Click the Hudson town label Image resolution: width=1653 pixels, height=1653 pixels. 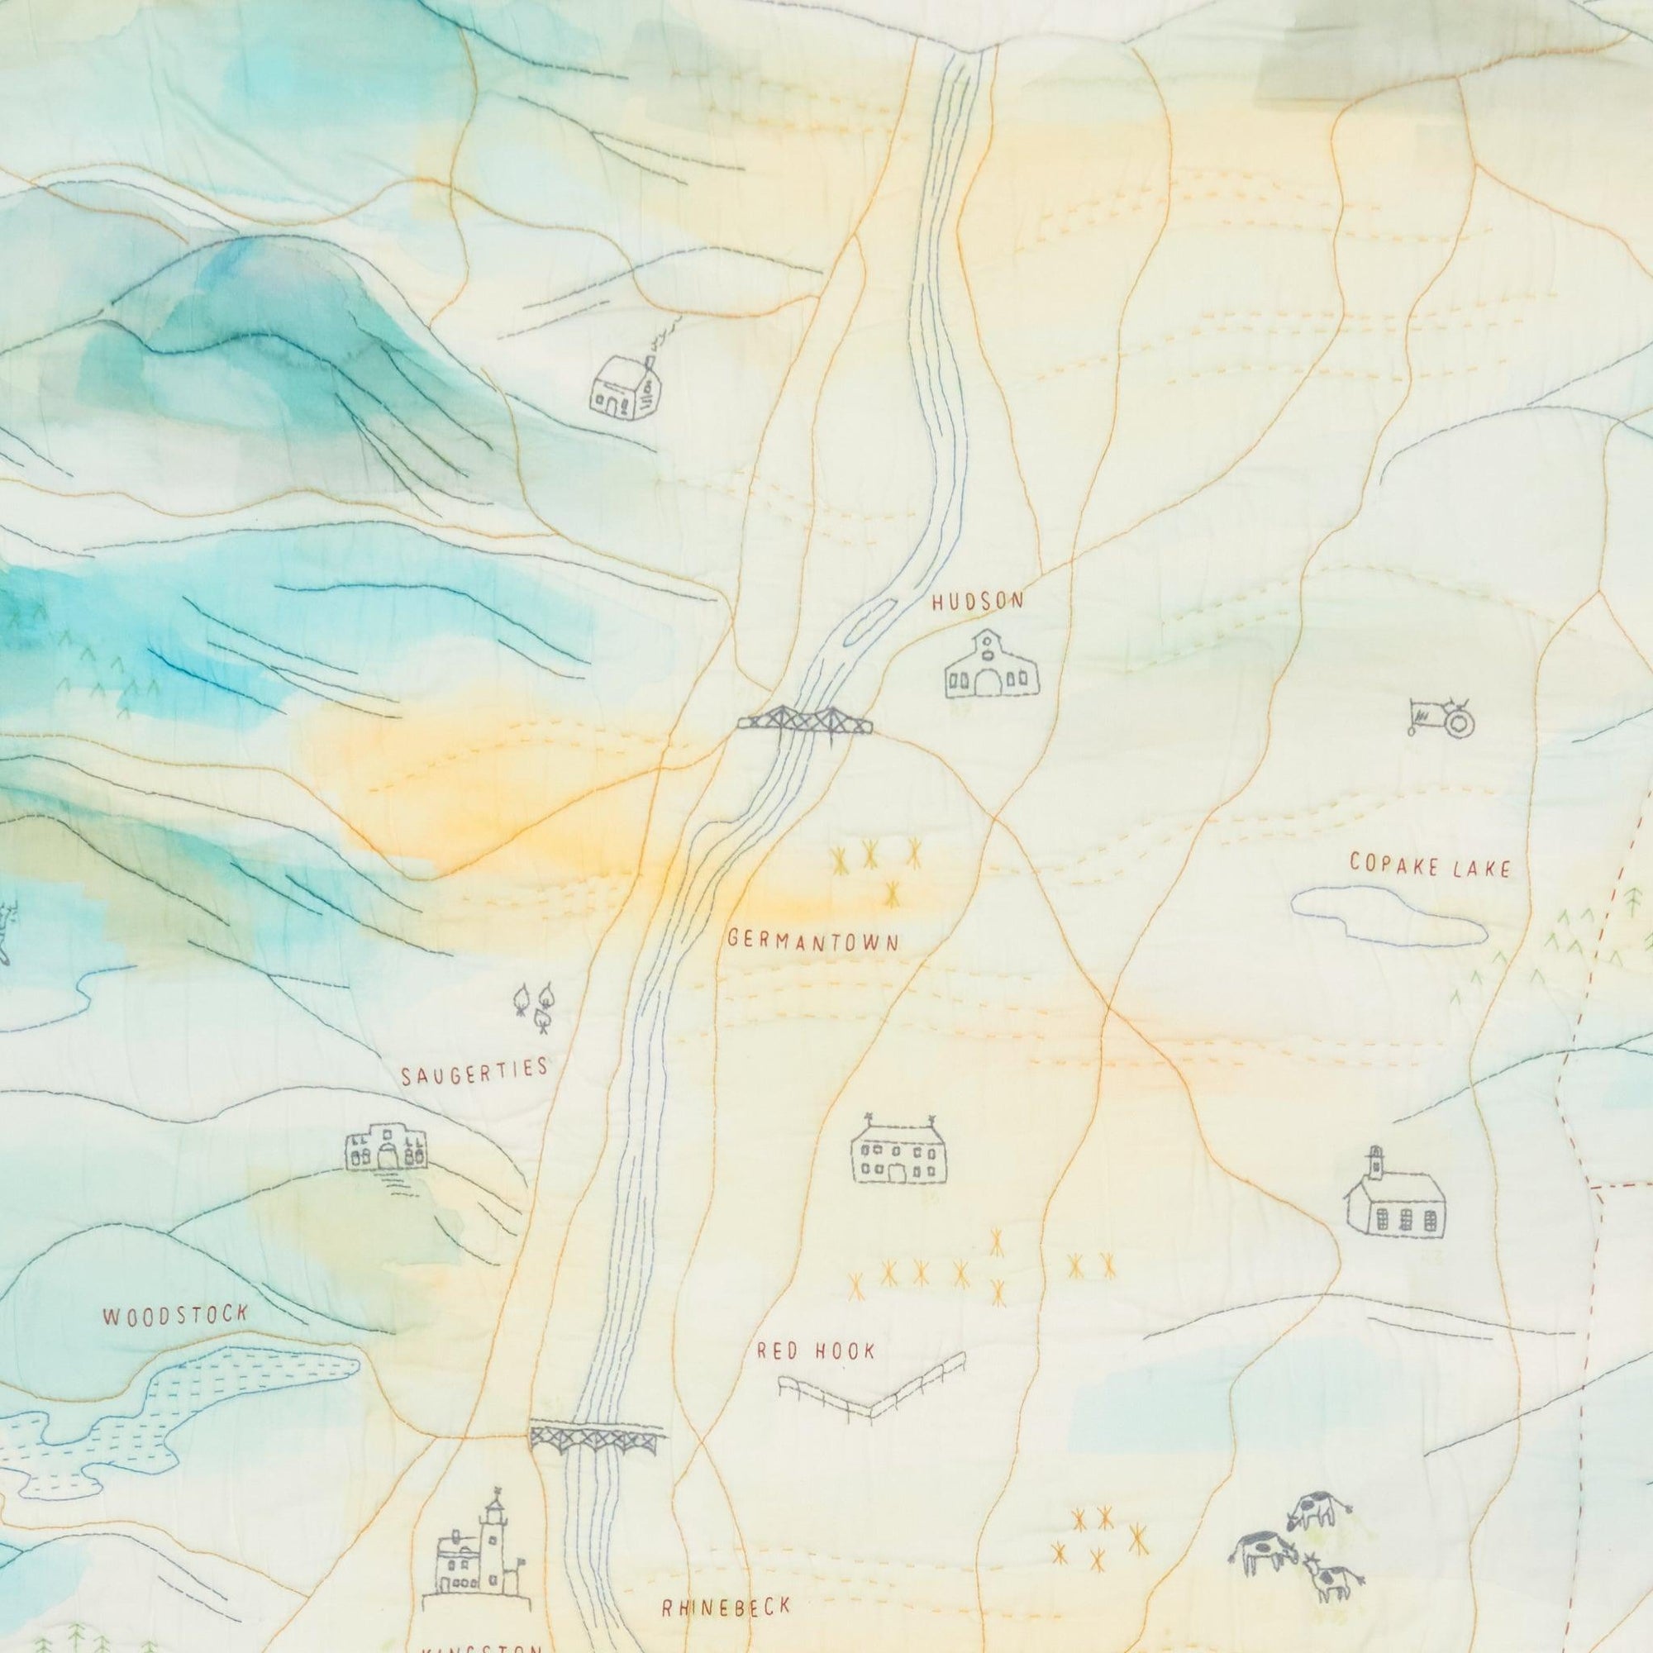(977, 602)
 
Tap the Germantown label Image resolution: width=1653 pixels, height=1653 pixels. (812, 941)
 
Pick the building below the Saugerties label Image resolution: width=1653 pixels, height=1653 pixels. (385, 1146)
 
